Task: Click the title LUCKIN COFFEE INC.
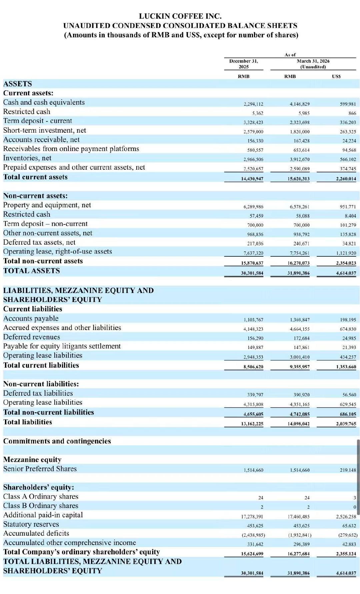pyautogui.click(x=180, y=16)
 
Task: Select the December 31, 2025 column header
pyautogui.click(x=243, y=64)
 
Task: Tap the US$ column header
pyautogui.click(x=336, y=76)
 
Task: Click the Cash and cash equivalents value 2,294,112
pyautogui.click(x=253, y=104)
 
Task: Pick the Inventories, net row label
pyautogui.click(x=27, y=158)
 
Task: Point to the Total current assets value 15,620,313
pyautogui.click(x=298, y=179)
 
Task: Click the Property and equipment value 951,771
pyautogui.click(x=348, y=207)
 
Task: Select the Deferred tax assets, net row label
pyautogui.click(x=39, y=242)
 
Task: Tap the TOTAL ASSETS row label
pyautogui.click(x=32, y=271)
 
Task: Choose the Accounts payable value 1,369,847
pyautogui.click(x=300, y=320)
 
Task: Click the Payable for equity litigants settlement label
pyautogui.click(x=62, y=346)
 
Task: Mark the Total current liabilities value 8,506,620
pyautogui.click(x=253, y=367)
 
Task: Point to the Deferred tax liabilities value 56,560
pyautogui.click(x=349, y=395)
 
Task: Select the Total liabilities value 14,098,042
pyautogui.click(x=298, y=424)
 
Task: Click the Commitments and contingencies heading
pyautogui.click(x=57, y=441)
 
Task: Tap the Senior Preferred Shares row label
pyautogui.click(x=40, y=469)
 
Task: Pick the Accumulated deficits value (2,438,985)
pyautogui.click(x=253, y=535)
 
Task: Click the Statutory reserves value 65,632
pyautogui.click(x=349, y=526)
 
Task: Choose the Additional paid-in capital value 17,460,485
pyautogui.click(x=298, y=517)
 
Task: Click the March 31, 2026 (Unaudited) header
pyautogui.click(x=313, y=64)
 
